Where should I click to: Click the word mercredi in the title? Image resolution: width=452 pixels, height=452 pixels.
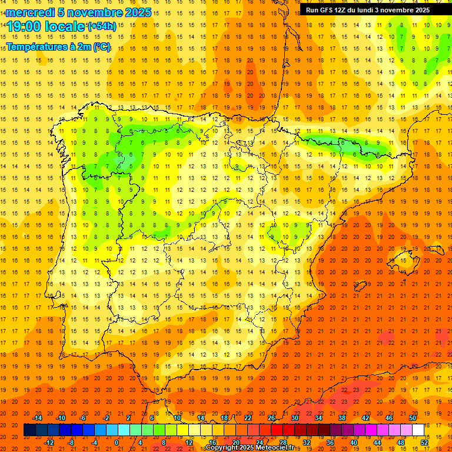click(x=29, y=12)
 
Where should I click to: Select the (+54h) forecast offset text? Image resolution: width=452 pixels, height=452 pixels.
click(x=101, y=26)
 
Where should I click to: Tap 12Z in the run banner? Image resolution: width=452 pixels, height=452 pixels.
click(x=340, y=10)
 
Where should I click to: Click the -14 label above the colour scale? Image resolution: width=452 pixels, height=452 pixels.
click(x=38, y=418)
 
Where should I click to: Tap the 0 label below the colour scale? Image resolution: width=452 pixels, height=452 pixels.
click(x=116, y=442)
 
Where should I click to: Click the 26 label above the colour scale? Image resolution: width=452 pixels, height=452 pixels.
click(x=271, y=418)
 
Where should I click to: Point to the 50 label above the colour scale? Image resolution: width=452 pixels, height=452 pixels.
click(x=413, y=418)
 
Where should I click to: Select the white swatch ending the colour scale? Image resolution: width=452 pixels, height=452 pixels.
click(x=418, y=430)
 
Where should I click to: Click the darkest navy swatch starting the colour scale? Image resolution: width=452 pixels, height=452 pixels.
click(x=29, y=430)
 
